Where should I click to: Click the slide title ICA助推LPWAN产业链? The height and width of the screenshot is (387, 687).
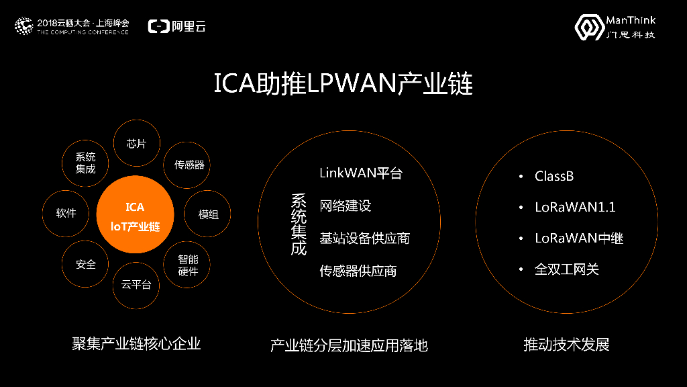pyautogui.click(x=343, y=85)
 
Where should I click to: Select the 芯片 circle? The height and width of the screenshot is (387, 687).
pyautogui.click(x=136, y=144)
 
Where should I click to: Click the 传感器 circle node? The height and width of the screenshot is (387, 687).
pyautogui.click(x=189, y=165)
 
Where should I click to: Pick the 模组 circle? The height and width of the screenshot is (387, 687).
pyautogui.click(x=208, y=214)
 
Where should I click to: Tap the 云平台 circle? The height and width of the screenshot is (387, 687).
pyautogui.click(x=136, y=284)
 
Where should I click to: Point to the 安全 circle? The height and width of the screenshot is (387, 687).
pyautogui.click(x=86, y=265)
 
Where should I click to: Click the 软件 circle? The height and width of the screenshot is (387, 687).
pyautogui.click(x=66, y=214)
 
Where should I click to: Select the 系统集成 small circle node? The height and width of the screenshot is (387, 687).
pyautogui.click(x=85, y=163)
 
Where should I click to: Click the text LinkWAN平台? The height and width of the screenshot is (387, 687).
pyautogui.click(x=361, y=173)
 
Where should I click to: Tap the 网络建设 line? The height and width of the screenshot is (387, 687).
pyautogui.click(x=346, y=206)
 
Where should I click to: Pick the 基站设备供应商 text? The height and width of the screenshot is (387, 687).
pyautogui.click(x=364, y=239)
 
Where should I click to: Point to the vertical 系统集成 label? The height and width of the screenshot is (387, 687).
pyautogui.click(x=299, y=224)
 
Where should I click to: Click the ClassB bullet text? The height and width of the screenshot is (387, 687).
pyautogui.click(x=554, y=177)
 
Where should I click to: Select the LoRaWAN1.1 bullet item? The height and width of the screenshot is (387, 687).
pyautogui.click(x=575, y=208)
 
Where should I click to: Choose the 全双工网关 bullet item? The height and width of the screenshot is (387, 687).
pyautogui.click(x=566, y=269)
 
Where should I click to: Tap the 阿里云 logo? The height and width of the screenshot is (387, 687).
pyautogui.click(x=176, y=26)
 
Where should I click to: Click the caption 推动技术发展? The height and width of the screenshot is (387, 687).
pyautogui.click(x=566, y=345)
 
